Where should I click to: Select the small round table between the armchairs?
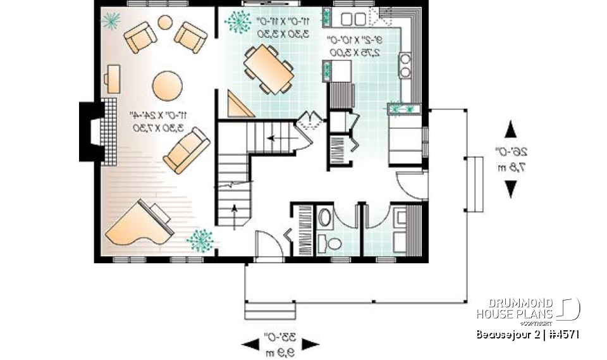[164, 23]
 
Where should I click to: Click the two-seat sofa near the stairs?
[186, 150]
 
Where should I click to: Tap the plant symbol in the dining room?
[238, 22]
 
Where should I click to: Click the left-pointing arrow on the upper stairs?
[274, 137]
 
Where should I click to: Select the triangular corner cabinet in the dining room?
[240, 105]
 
